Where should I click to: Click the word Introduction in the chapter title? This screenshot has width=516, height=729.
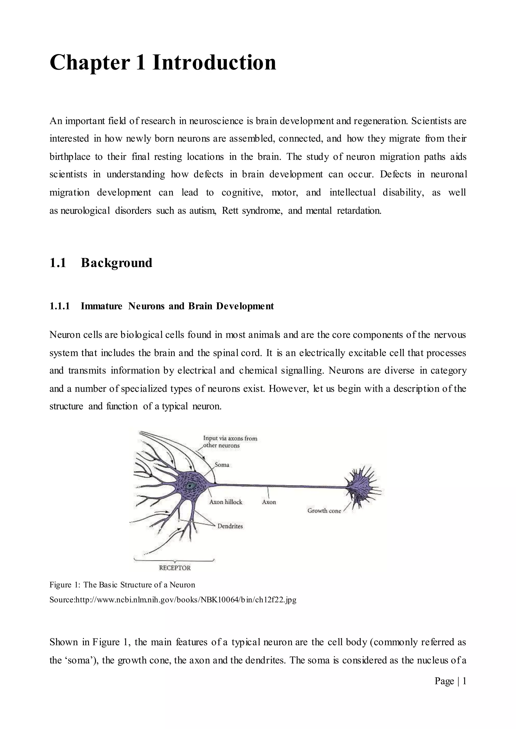(214, 62)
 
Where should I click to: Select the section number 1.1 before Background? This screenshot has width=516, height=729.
(58, 263)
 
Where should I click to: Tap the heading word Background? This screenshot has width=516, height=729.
(116, 263)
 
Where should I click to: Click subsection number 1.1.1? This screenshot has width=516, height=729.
(59, 306)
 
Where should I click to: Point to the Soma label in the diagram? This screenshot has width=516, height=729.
(222, 465)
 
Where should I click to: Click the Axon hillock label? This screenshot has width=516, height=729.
(225, 502)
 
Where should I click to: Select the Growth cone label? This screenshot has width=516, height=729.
(324, 511)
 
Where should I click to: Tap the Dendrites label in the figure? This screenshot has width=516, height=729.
(230, 526)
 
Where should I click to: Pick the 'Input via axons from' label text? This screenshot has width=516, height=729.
(230, 439)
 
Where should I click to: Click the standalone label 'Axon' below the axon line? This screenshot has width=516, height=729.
(269, 502)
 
